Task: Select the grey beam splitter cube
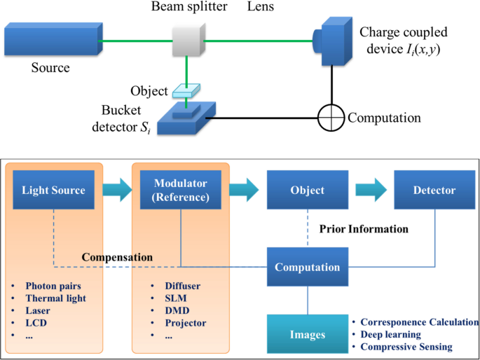(x=187, y=41)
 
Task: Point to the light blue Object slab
(x=187, y=92)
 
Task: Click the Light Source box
(x=54, y=190)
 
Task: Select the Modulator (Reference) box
(x=181, y=190)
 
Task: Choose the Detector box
(x=434, y=190)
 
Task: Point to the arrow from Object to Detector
(x=371, y=190)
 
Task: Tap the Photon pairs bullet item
(x=53, y=286)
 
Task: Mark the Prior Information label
(x=364, y=229)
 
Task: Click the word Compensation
(x=117, y=257)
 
